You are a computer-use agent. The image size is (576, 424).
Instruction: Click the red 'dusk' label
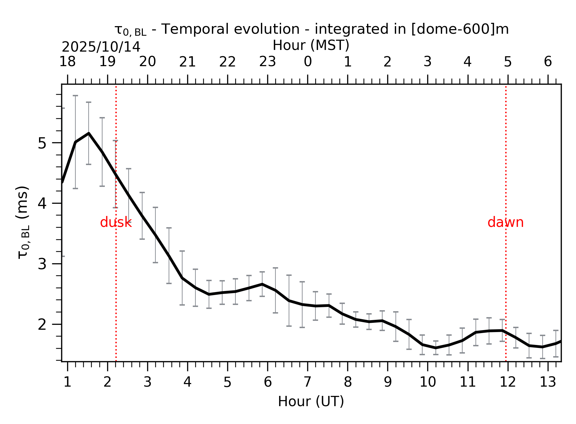click(x=116, y=223)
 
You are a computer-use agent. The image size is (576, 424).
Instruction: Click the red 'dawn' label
click(x=505, y=223)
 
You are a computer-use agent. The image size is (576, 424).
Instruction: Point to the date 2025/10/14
click(x=101, y=47)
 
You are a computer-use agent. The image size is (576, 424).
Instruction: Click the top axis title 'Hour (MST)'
click(x=311, y=45)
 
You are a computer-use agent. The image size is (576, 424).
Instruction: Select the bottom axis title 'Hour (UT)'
click(x=311, y=402)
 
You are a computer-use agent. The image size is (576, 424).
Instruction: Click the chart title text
click(x=311, y=30)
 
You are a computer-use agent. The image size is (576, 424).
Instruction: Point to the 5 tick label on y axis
click(x=42, y=143)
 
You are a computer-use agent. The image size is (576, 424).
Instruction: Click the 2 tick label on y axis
click(x=42, y=325)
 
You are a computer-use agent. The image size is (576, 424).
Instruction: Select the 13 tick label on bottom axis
click(x=548, y=382)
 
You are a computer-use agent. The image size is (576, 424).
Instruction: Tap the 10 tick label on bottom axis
click(x=428, y=382)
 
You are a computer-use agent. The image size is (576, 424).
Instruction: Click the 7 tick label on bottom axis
click(x=308, y=382)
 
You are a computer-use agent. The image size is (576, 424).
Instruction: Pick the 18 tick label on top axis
click(x=67, y=62)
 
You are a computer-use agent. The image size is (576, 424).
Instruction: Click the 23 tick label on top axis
click(x=267, y=62)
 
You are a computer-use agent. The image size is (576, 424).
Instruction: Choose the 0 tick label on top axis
click(x=308, y=62)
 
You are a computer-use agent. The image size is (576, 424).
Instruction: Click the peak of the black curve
click(x=89, y=133)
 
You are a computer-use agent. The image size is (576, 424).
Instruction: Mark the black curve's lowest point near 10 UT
click(x=436, y=348)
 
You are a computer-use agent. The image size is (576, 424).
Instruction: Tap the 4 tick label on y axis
click(x=42, y=204)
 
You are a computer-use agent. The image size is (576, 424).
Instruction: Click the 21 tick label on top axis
click(x=187, y=62)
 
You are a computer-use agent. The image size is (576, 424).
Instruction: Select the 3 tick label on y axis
click(x=42, y=264)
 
